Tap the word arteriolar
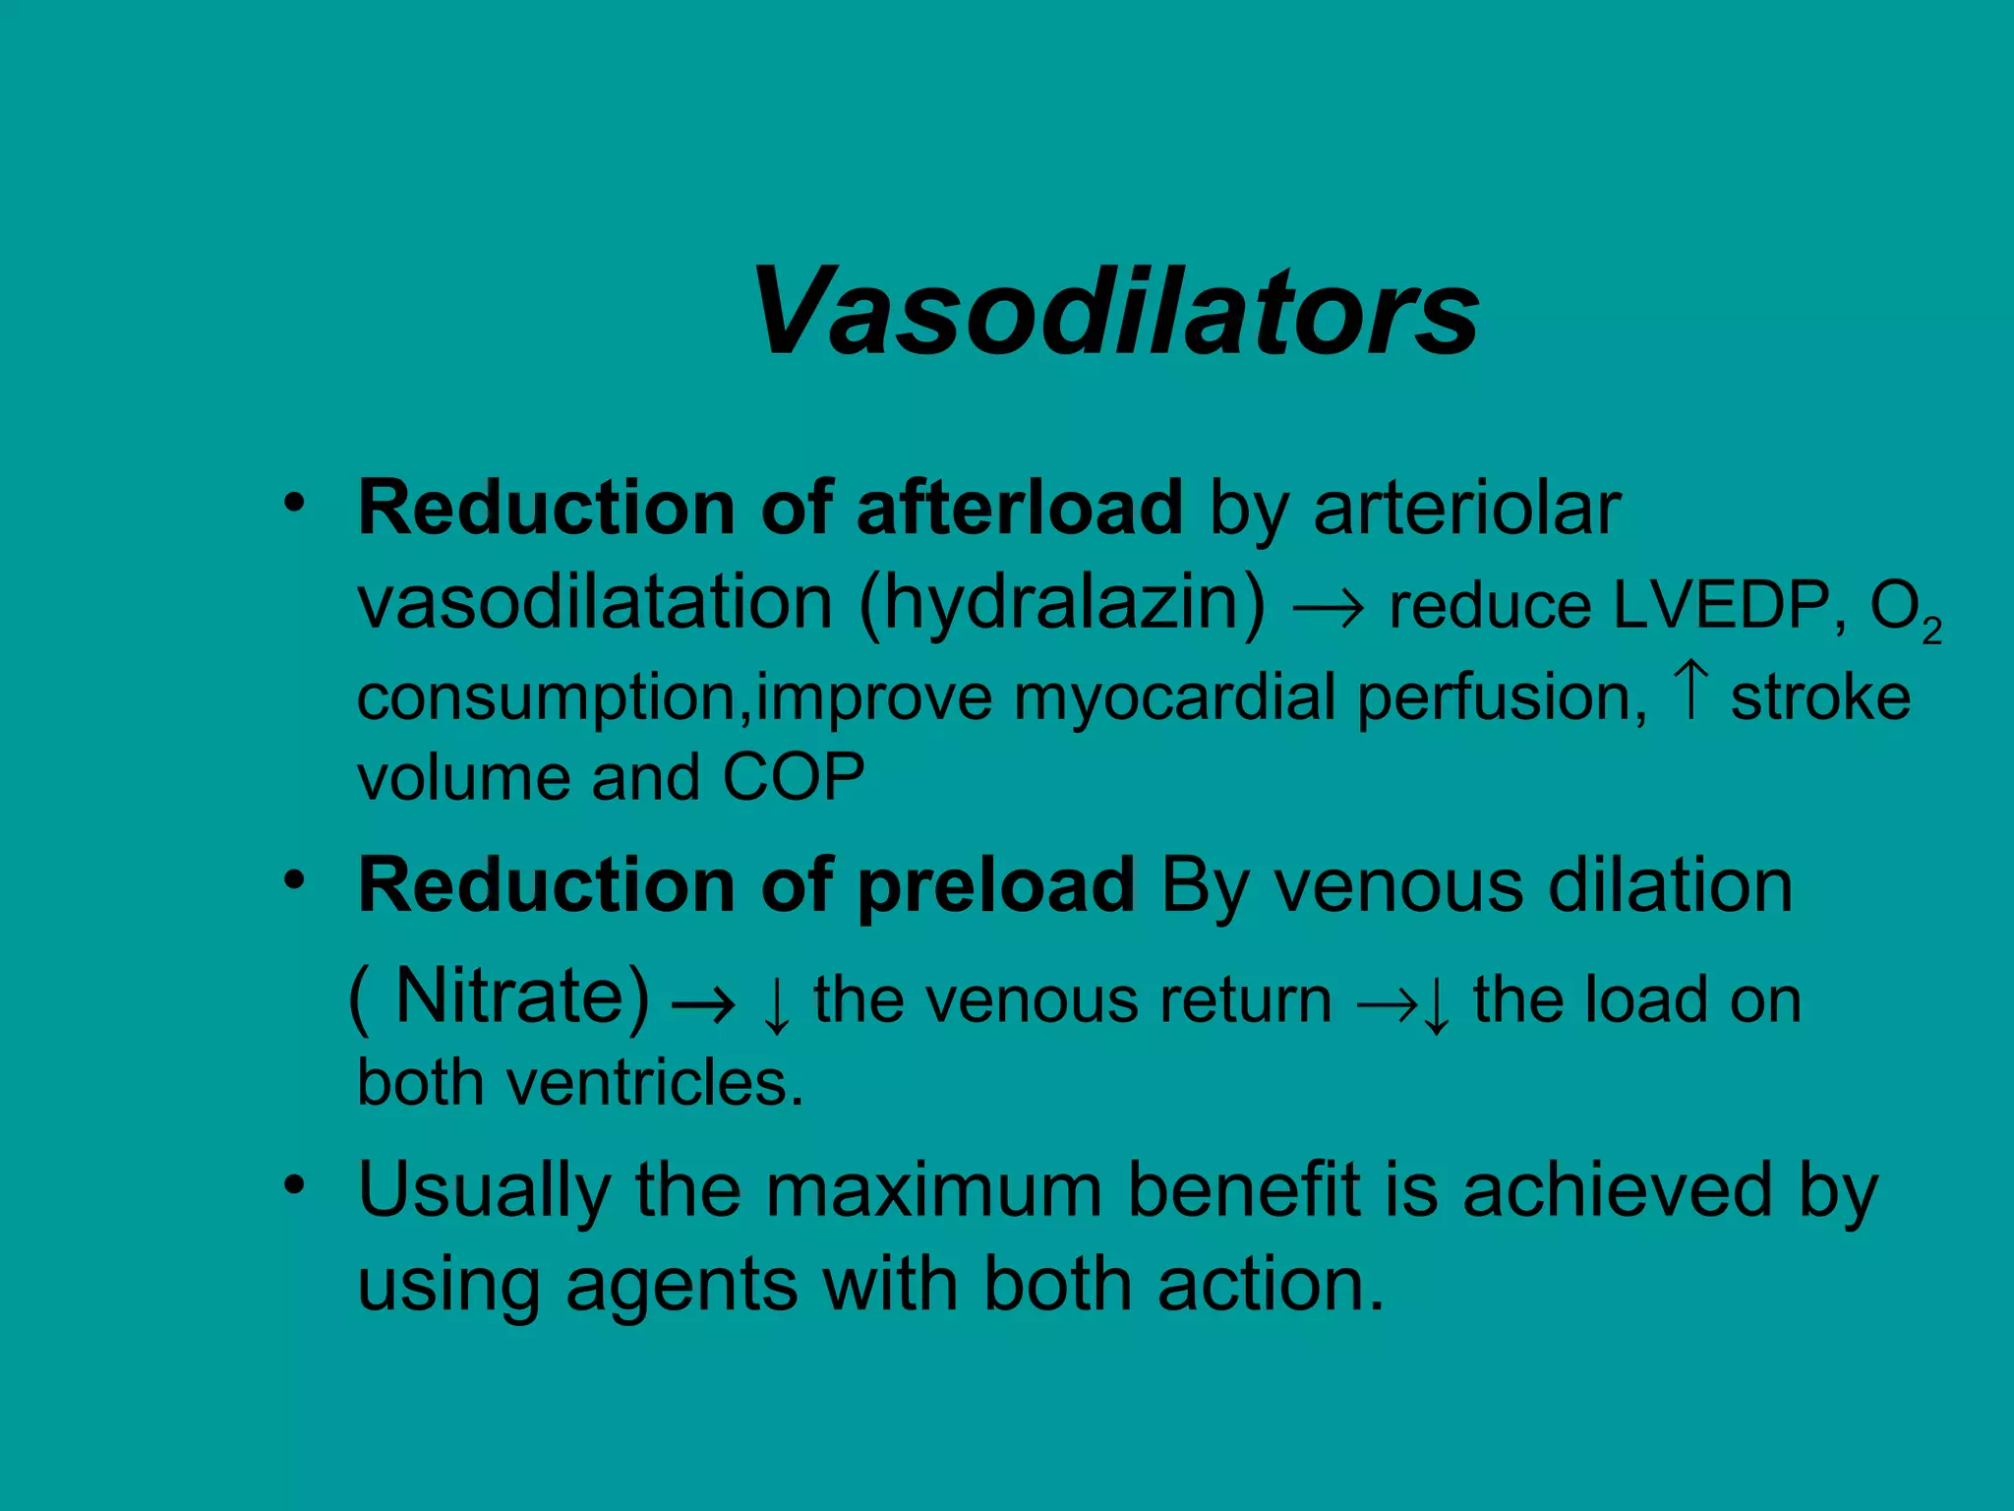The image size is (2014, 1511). click(x=1466, y=508)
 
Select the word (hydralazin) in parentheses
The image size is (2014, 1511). click(x=1062, y=603)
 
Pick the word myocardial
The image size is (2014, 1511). click(x=1175, y=697)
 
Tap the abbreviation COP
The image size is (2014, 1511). click(x=794, y=777)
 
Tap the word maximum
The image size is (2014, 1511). click(x=934, y=1189)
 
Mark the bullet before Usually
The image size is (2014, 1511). click(x=294, y=1185)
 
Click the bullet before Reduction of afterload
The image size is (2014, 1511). click(x=294, y=504)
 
